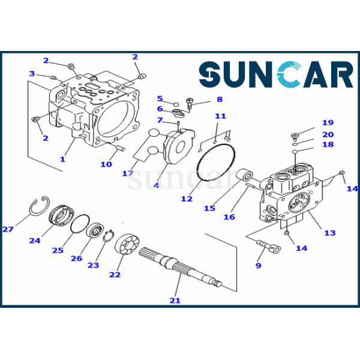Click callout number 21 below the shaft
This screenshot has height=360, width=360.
tap(174, 300)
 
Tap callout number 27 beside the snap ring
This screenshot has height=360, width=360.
tap(8, 229)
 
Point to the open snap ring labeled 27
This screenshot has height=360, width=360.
tap(39, 205)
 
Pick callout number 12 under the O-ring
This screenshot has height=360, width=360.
tap(187, 198)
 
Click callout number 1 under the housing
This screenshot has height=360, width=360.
tap(62, 159)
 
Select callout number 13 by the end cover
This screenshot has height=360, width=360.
tap(329, 233)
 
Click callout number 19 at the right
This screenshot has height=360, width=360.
tap(328, 123)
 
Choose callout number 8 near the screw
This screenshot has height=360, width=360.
tap(219, 99)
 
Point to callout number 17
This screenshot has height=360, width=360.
tap(127, 173)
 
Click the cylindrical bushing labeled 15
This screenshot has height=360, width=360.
tap(245, 178)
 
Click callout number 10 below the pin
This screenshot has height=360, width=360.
tap(106, 164)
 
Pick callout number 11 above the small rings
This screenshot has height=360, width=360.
tap(220, 116)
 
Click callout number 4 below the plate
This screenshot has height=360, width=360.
tap(156, 185)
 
